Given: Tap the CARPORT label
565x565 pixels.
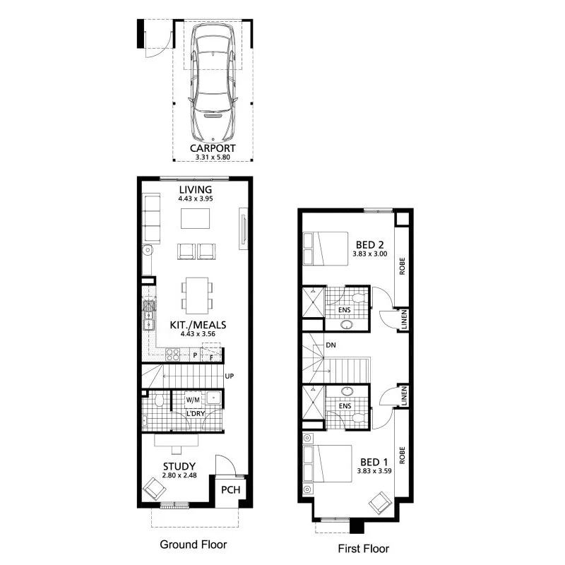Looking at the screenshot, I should pyautogui.click(x=213, y=148).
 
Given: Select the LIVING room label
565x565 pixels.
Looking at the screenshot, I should pyautogui.click(x=195, y=190).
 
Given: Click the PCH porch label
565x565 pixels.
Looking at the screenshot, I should pyautogui.click(x=230, y=490).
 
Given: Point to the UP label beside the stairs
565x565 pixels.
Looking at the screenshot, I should pyautogui.click(x=229, y=376).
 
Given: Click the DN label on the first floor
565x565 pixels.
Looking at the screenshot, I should pyautogui.click(x=331, y=346).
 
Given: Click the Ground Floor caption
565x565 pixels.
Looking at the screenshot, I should pyautogui.click(x=193, y=545).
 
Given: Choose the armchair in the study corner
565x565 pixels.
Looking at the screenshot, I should pyautogui.click(x=155, y=488).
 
